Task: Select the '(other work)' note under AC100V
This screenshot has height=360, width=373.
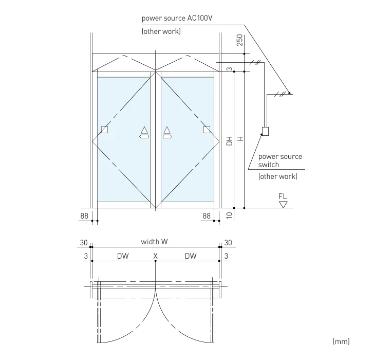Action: pyautogui.click(x=161, y=32)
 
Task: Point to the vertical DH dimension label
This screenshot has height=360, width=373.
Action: pyautogui.click(x=230, y=140)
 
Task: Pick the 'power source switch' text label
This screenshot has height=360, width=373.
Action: pyautogui.click(x=279, y=160)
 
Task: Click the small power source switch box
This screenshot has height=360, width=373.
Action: pyautogui.click(x=265, y=131)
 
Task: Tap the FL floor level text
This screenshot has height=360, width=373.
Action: pyautogui.click(x=283, y=196)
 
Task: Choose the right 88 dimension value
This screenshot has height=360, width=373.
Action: pyautogui.click(x=207, y=216)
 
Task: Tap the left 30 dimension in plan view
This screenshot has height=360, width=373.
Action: pyautogui.click(x=84, y=242)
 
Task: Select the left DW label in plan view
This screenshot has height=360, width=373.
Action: pyautogui.click(x=122, y=256)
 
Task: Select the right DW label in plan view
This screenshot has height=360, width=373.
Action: pyautogui.click(x=191, y=256)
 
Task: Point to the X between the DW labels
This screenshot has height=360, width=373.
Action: pyautogui.click(x=155, y=256)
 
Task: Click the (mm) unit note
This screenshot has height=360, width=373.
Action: pyautogui.click(x=341, y=341)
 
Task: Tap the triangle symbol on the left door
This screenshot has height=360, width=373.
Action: pyautogui.click(x=144, y=130)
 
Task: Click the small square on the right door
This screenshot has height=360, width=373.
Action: pyautogui.click(x=207, y=130)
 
